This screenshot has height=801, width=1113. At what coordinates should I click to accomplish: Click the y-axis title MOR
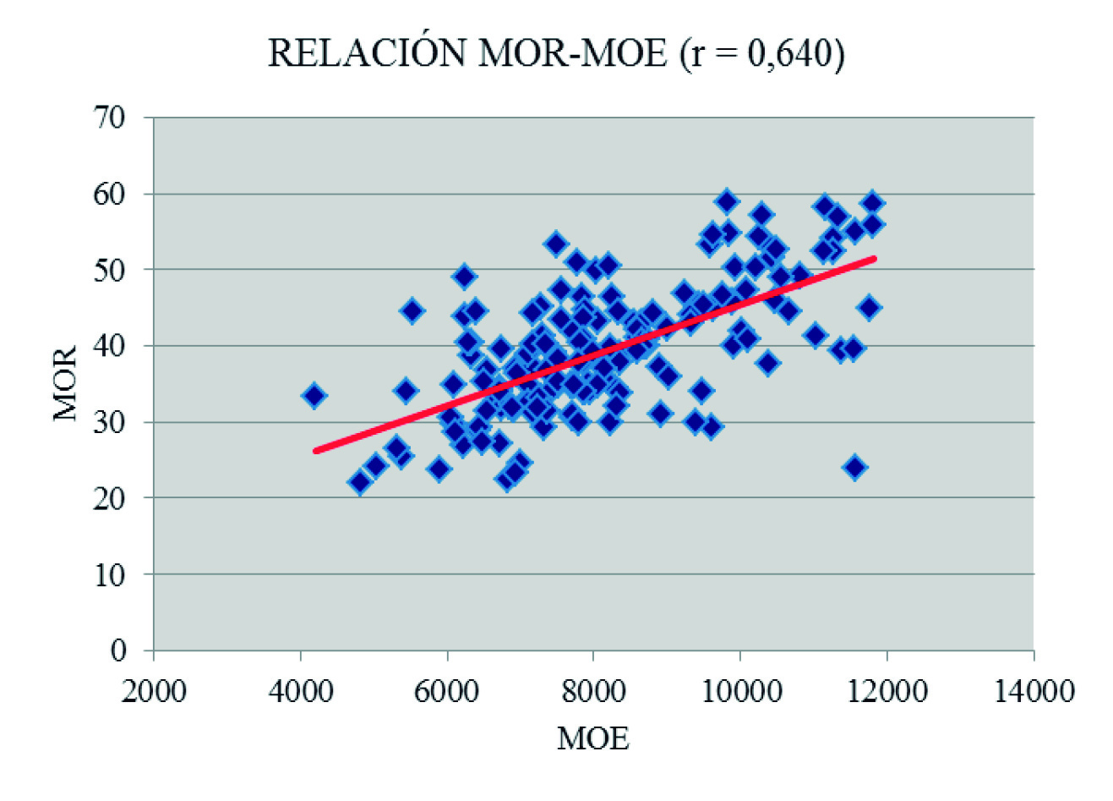[x=65, y=383]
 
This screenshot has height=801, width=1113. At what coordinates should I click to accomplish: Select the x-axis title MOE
[x=593, y=739]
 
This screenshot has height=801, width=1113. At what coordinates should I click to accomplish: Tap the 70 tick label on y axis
[x=110, y=118]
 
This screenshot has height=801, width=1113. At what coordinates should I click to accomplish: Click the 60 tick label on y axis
[x=110, y=194]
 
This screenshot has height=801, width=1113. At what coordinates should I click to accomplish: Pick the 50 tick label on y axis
[x=110, y=270]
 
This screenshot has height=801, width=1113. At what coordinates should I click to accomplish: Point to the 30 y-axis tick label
[x=110, y=422]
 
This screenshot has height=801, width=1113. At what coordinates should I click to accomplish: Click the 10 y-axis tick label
[x=110, y=574]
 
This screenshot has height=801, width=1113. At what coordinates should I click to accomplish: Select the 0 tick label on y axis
[x=118, y=650]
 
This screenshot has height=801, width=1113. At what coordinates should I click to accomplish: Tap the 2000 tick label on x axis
[x=154, y=690]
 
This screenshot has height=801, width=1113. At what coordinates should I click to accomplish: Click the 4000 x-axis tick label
[x=300, y=690]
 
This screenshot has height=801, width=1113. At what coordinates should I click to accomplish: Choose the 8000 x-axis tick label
[x=593, y=690]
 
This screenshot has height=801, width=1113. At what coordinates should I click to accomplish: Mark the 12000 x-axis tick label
[x=887, y=690]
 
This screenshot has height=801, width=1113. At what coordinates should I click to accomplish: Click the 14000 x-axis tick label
[x=1033, y=690]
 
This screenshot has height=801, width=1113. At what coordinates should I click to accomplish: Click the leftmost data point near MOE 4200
[x=314, y=395]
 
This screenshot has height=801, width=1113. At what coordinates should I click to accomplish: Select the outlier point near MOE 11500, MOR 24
[x=855, y=467]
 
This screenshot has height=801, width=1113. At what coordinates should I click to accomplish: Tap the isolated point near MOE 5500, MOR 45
[x=412, y=310]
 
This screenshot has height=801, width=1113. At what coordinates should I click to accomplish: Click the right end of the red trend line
[x=874, y=259]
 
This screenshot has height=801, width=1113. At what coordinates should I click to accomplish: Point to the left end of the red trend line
[x=316, y=451]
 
